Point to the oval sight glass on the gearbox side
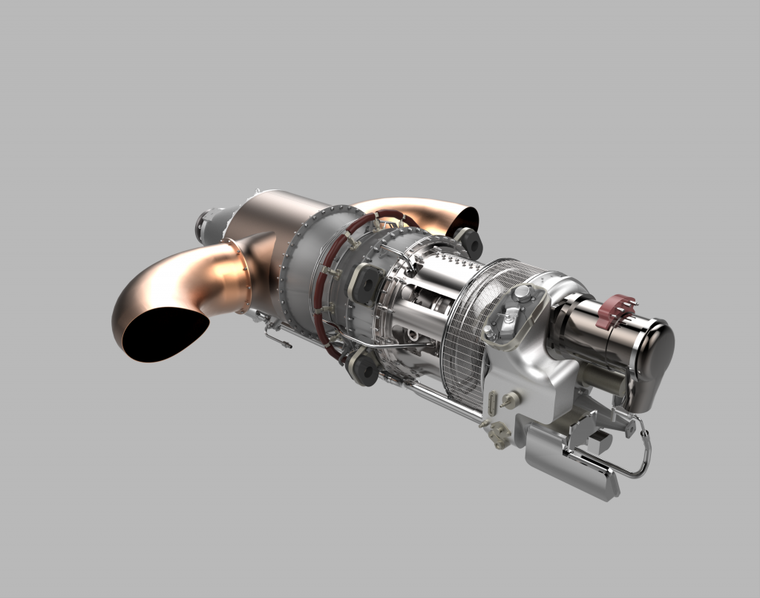point(494,406)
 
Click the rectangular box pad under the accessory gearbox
point(571,464)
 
